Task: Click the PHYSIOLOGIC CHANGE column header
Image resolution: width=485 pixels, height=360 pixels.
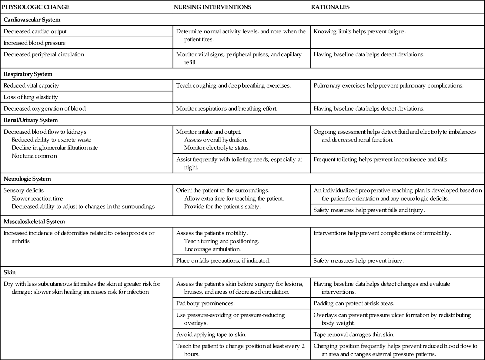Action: pos(35,7)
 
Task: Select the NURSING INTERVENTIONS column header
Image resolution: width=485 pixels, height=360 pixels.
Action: pos(212,7)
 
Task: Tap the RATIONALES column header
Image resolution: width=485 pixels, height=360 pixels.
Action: pos(330,7)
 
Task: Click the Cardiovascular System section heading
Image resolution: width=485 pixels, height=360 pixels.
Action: pos(32,20)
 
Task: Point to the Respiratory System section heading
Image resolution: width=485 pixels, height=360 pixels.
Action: pos(28,74)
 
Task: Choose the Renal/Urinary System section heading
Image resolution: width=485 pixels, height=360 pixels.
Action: pos(30,120)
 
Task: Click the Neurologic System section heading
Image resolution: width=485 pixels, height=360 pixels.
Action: pos(27,179)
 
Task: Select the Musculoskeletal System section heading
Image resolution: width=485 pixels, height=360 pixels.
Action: pos(34,222)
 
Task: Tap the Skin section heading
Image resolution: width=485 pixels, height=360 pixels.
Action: pos(10,272)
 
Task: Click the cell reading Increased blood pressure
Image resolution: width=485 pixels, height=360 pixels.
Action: pos(35,43)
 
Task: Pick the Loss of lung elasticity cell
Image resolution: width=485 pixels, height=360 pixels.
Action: pos(31,97)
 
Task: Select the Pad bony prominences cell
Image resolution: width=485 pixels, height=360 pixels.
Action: pos(206,303)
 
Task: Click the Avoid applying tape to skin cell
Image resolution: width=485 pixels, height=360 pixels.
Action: pos(211,335)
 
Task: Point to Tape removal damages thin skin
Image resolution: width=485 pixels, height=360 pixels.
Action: pos(354,335)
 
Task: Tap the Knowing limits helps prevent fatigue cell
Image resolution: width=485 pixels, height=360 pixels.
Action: pos(360,31)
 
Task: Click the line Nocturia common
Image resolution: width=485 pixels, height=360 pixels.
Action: pos(34,156)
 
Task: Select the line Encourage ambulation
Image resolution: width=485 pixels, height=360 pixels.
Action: pos(212,249)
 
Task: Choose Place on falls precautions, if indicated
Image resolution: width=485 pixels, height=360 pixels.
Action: pos(223,260)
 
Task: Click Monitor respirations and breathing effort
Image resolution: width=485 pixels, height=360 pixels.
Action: pos(227,108)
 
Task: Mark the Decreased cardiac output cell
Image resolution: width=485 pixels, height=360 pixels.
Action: pos(35,31)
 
